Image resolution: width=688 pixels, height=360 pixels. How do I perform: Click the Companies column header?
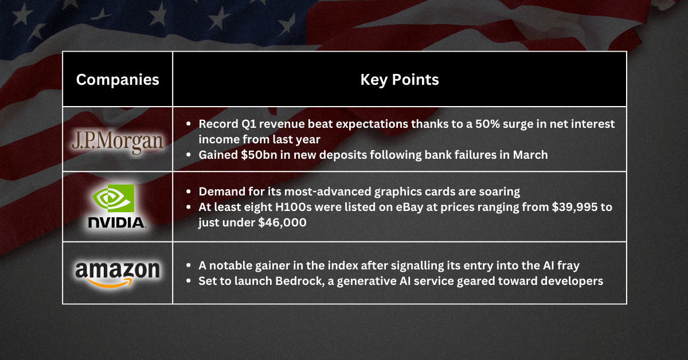point(118,80)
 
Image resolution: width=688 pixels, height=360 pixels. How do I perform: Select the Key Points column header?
point(399,80)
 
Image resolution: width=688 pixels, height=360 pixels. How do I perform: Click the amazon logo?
point(118,269)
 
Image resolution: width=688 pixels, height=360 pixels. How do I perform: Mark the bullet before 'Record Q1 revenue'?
point(189,124)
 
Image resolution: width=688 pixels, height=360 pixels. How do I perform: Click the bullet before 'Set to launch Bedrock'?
point(189,281)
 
